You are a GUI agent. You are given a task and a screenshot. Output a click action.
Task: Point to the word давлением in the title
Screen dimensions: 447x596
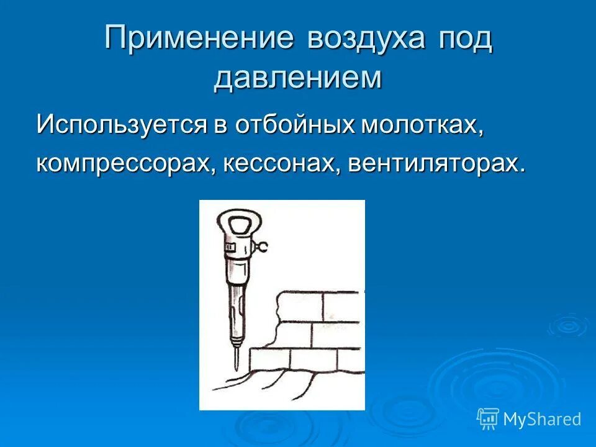[x=297, y=79]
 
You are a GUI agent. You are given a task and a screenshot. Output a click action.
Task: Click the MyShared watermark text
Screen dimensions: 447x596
[x=542, y=419]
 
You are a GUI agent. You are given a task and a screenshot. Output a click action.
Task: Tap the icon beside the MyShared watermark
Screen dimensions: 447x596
[x=488, y=419]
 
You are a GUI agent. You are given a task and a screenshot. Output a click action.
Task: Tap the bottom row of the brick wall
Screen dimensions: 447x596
[x=304, y=359]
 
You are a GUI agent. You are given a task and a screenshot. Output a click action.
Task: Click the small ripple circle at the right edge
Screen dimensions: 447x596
[x=566, y=325]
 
